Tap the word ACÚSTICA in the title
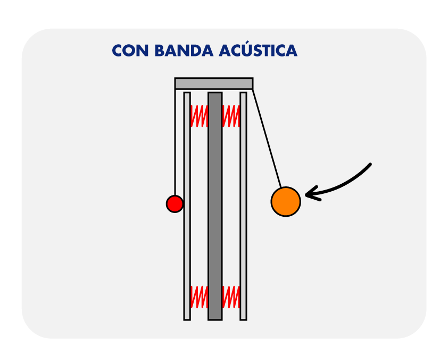click(x=258, y=51)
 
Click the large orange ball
click(x=286, y=201)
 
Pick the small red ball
click(x=175, y=203)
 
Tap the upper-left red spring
click(x=199, y=116)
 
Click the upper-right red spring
click(x=231, y=116)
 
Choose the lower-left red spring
click(x=199, y=297)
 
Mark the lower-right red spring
click(x=231, y=297)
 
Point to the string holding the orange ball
click(x=266, y=138)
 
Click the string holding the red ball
click(x=176, y=144)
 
